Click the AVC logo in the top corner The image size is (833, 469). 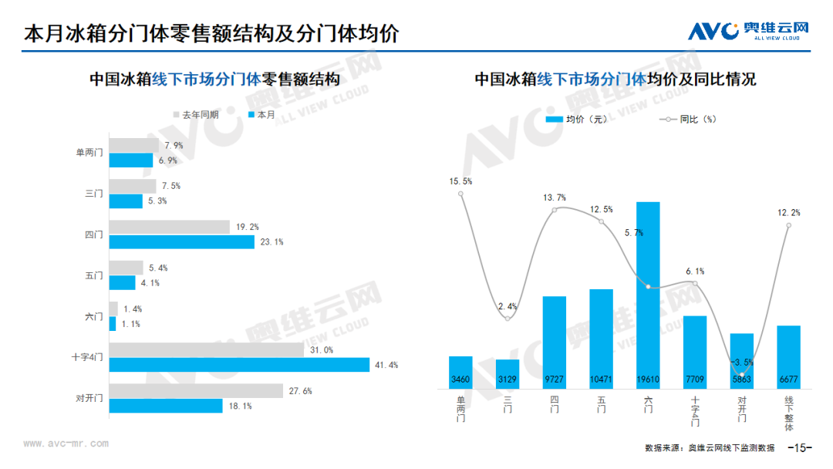[748, 31]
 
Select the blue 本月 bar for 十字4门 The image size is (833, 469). [239, 364]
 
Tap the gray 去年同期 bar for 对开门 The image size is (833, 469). [196, 391]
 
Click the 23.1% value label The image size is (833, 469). [271, 242]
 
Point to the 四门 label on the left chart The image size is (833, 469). [94, 235]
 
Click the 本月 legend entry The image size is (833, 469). [261, 115]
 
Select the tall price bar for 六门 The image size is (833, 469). [648, 295]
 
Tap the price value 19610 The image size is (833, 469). [648, 380]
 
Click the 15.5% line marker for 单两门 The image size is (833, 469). [460, 194]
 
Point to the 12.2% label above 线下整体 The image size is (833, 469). [788, 212]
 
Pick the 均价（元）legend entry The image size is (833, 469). [576, 120]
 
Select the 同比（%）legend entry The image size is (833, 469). [688, 120]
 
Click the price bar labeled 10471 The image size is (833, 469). [602, 339]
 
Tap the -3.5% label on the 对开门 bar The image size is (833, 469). [742, 363]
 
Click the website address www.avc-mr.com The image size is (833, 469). [66, 444]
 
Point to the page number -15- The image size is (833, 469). [800, 447]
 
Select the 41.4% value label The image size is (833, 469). [386, 365]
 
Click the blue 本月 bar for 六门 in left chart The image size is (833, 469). [113, 323]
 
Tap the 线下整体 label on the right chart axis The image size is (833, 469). [789, 413]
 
